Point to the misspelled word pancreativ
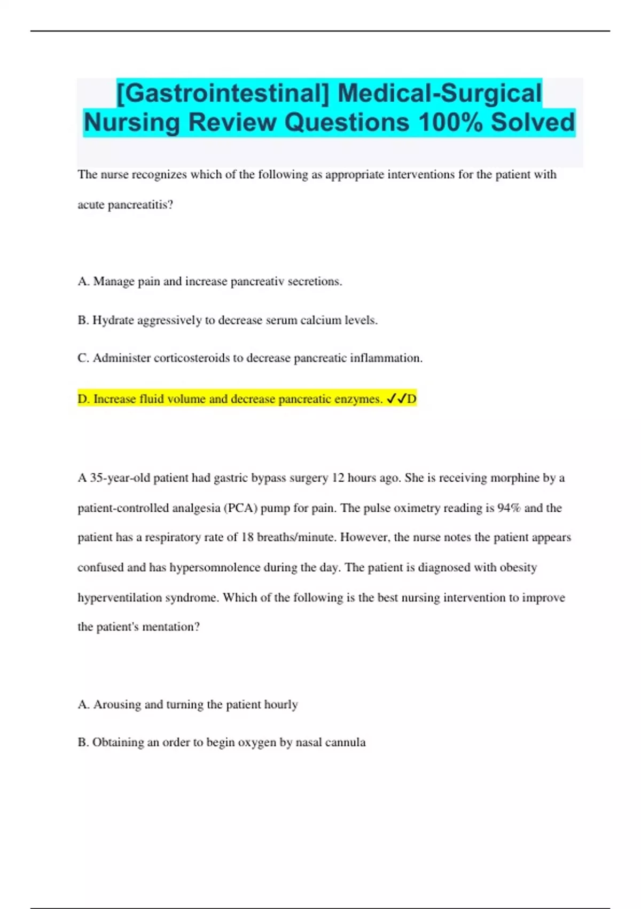click(x=257, y=281)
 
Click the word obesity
click(x=518, y=567)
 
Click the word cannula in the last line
click(x=346, y=742)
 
